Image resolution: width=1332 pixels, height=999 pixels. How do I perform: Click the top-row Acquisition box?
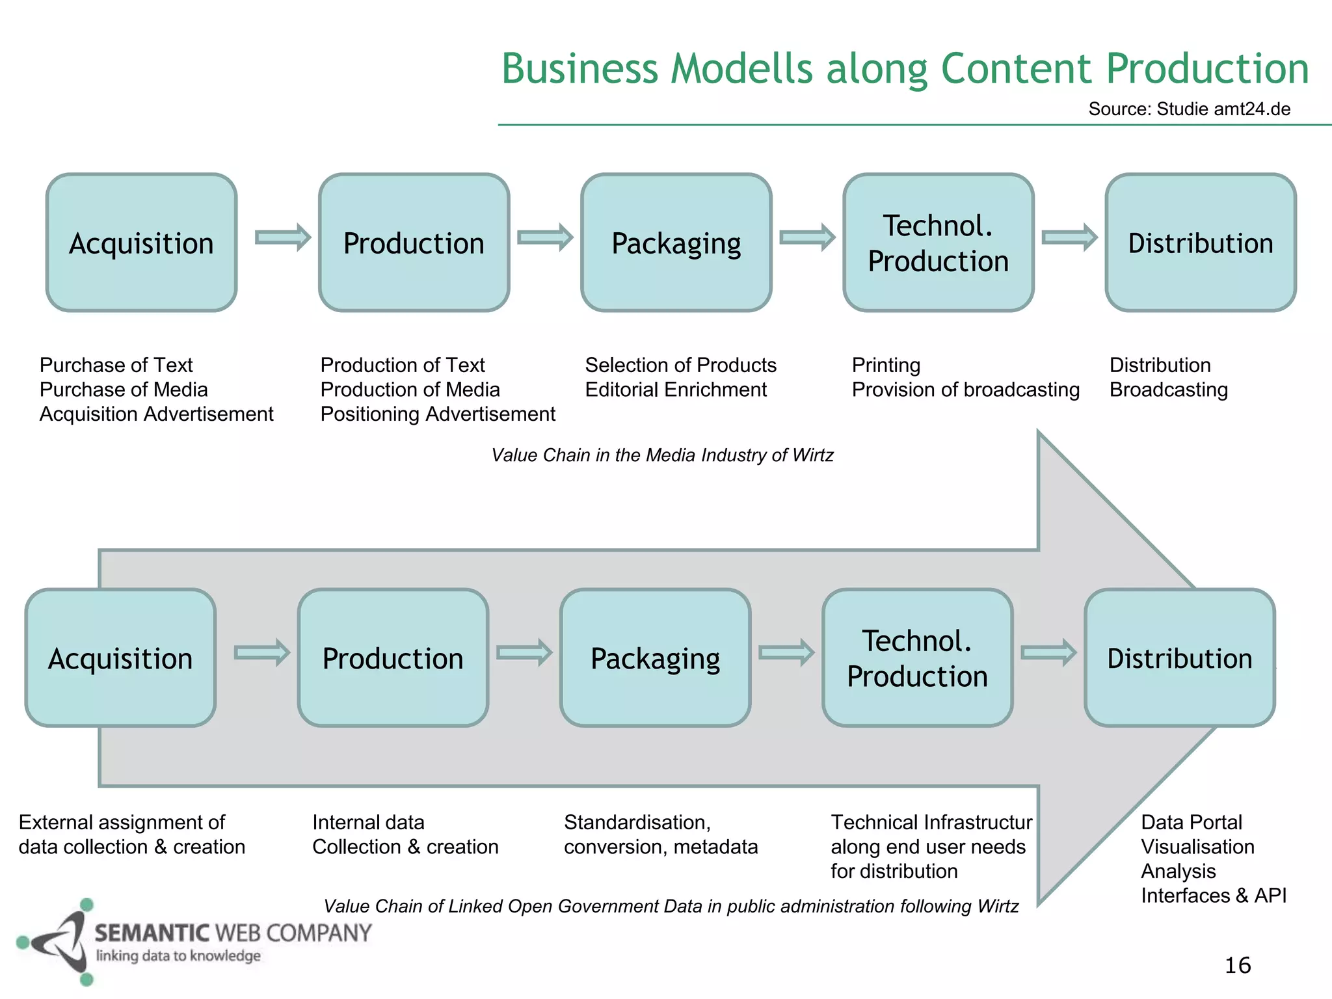click(x=141, y=243)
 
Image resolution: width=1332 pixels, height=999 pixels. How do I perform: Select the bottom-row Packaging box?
click(x=655, y=658)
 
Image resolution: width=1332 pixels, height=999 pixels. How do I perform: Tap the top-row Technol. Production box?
click(x=938, y=243)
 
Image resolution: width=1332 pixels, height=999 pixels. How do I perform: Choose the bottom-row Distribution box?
click(x=1179, y=658)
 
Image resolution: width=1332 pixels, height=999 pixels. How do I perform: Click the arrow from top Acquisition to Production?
click(x=283, y=237)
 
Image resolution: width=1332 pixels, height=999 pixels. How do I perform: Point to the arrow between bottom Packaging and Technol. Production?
click(x=786, y=652)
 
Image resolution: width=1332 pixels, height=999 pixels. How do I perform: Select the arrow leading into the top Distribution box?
click(x=1069, y=237)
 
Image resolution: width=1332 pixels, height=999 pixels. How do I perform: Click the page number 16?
click(x=1237, y=965)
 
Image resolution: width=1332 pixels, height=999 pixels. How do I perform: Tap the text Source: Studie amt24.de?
click(x=1189, y=109)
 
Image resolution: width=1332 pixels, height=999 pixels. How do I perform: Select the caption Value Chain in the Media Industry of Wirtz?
click(x=661, y=455)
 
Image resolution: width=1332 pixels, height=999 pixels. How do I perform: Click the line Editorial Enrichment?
click(x=675, y=390)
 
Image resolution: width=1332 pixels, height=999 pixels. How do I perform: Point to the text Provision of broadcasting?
click(x=965, y=390)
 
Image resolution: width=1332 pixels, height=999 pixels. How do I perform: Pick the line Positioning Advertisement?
click(x=437, y=414)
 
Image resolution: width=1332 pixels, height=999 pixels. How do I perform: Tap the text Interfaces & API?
click(x=1213, y=896)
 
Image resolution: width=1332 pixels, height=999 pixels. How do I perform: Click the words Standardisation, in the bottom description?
click(x=637, y=823)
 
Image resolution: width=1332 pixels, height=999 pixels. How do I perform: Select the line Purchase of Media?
click(x=124, y=390)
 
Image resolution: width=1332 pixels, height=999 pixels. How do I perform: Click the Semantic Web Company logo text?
click(x=233, y=933)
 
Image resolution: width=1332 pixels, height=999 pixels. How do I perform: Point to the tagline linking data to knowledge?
click(x=178, y=956)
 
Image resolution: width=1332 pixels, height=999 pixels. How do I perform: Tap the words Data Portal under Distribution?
click(x=1191, y=823)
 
